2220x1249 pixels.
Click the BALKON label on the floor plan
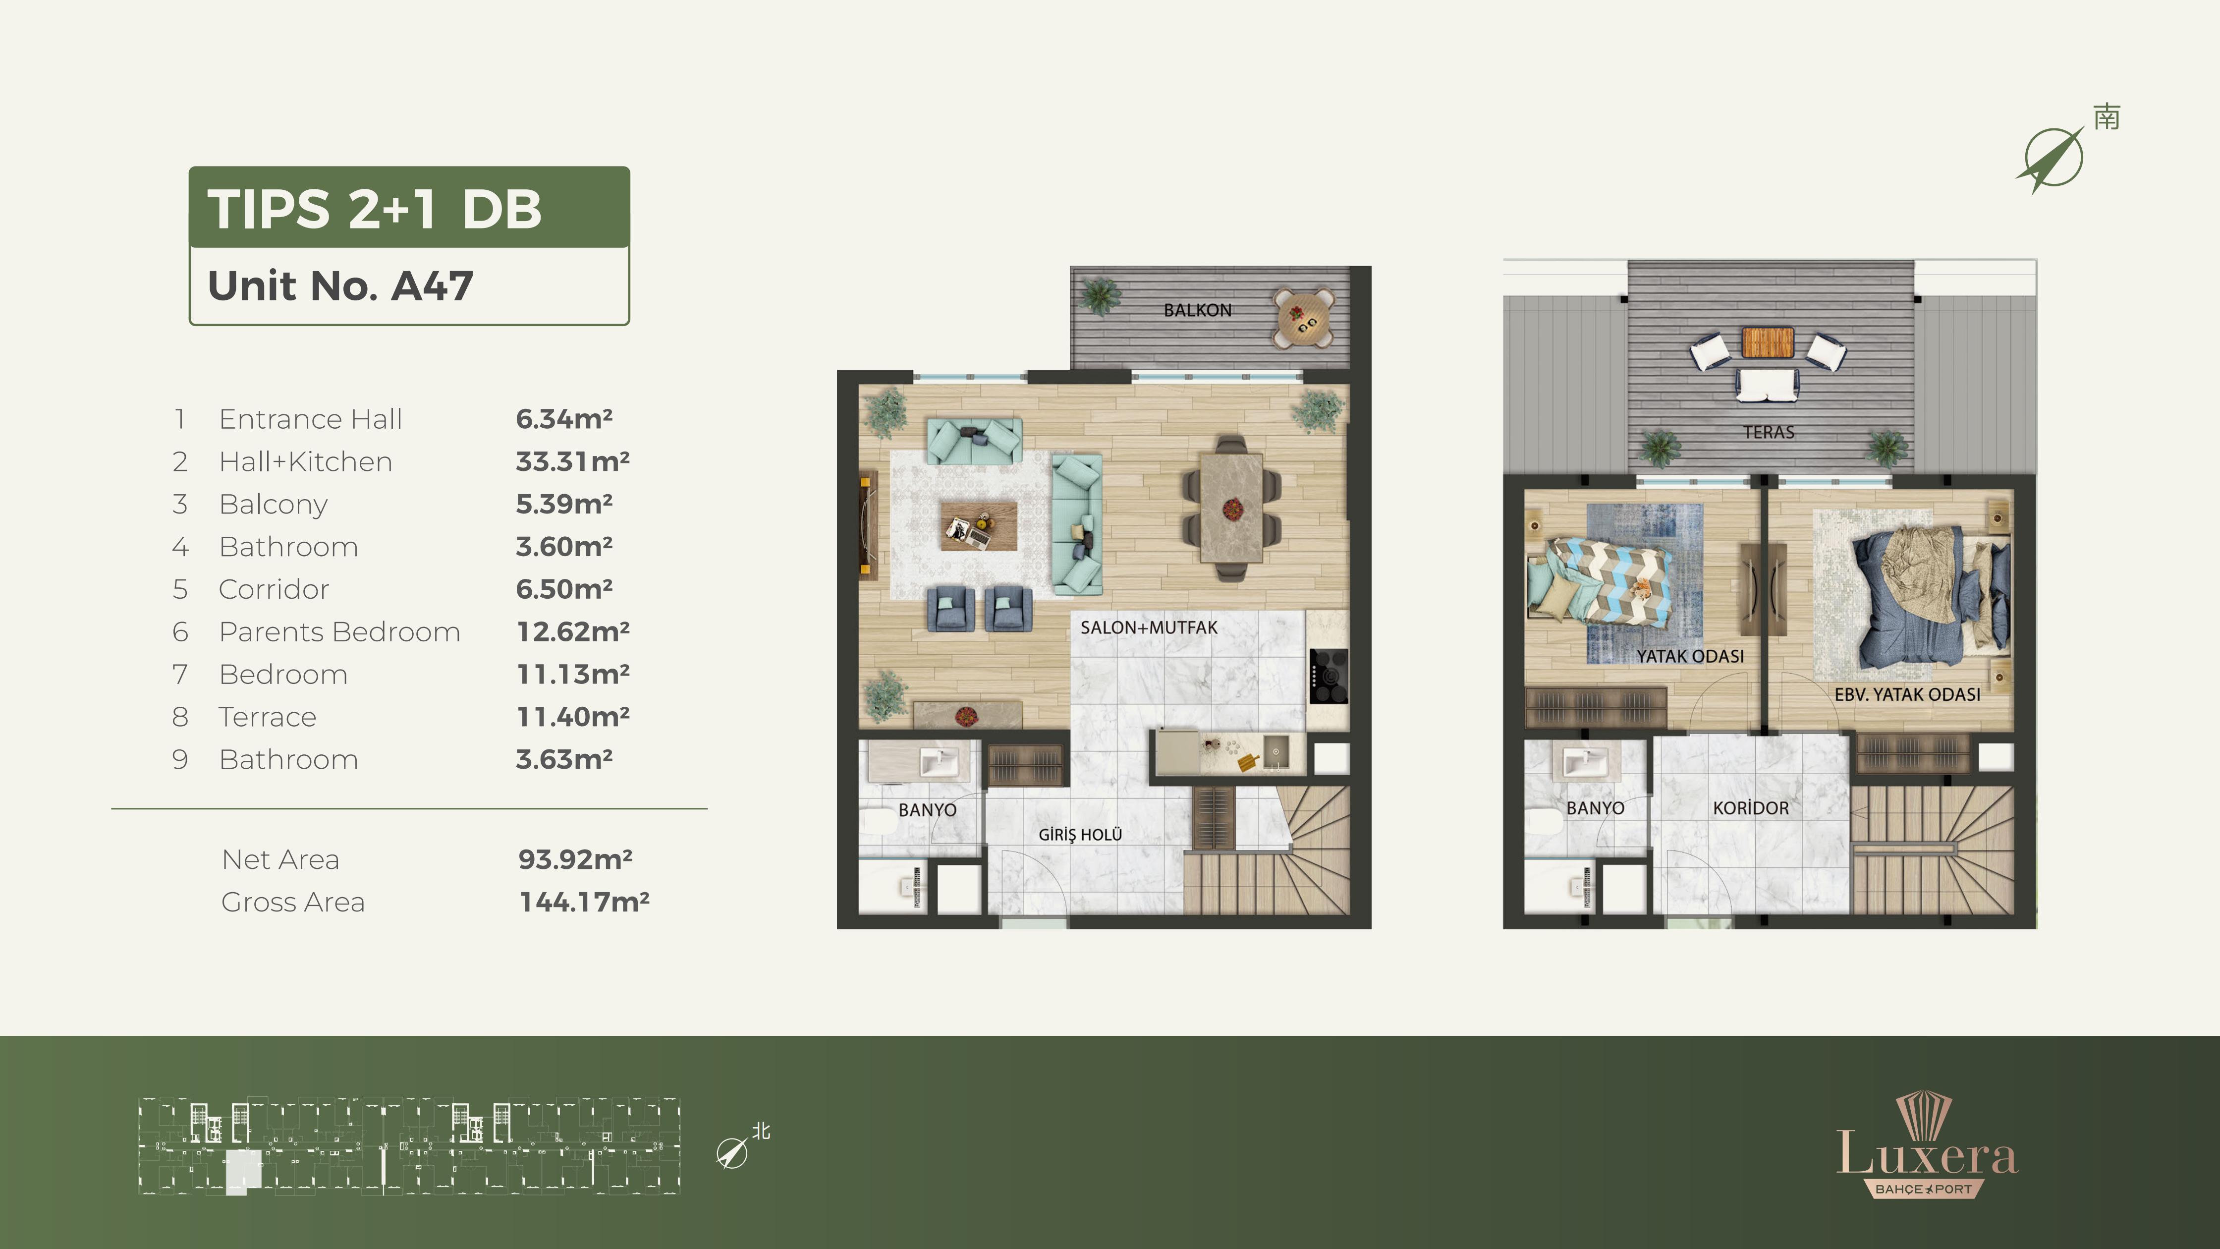pyautogui.click(x=1197, y=310)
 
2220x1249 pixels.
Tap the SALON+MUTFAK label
pyautogui.click(x=1149, y=627)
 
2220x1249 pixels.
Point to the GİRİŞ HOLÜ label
pyautogui.click(x=1080, y=834)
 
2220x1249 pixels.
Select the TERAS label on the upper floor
pyautogui.click(x=1769, y=432)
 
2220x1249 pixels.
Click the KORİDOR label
pyautogui.click(x=1750, y=808)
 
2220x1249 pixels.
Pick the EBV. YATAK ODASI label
pyautogui.click(x=1907, y=694)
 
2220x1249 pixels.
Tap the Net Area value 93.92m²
pyautogui.click(x=575, y=859)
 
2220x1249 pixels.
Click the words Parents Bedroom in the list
pyautogui.click(x=339, y=632)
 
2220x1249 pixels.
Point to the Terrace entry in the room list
pyautogui.click(x=267, y=717)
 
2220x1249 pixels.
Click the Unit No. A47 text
pyautogui.click(x=340, y=285)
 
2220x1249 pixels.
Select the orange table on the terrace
pyautogui.click(x=1768, y=342)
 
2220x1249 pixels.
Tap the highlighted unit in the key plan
pyautogui.click(x=243, y=1172)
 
